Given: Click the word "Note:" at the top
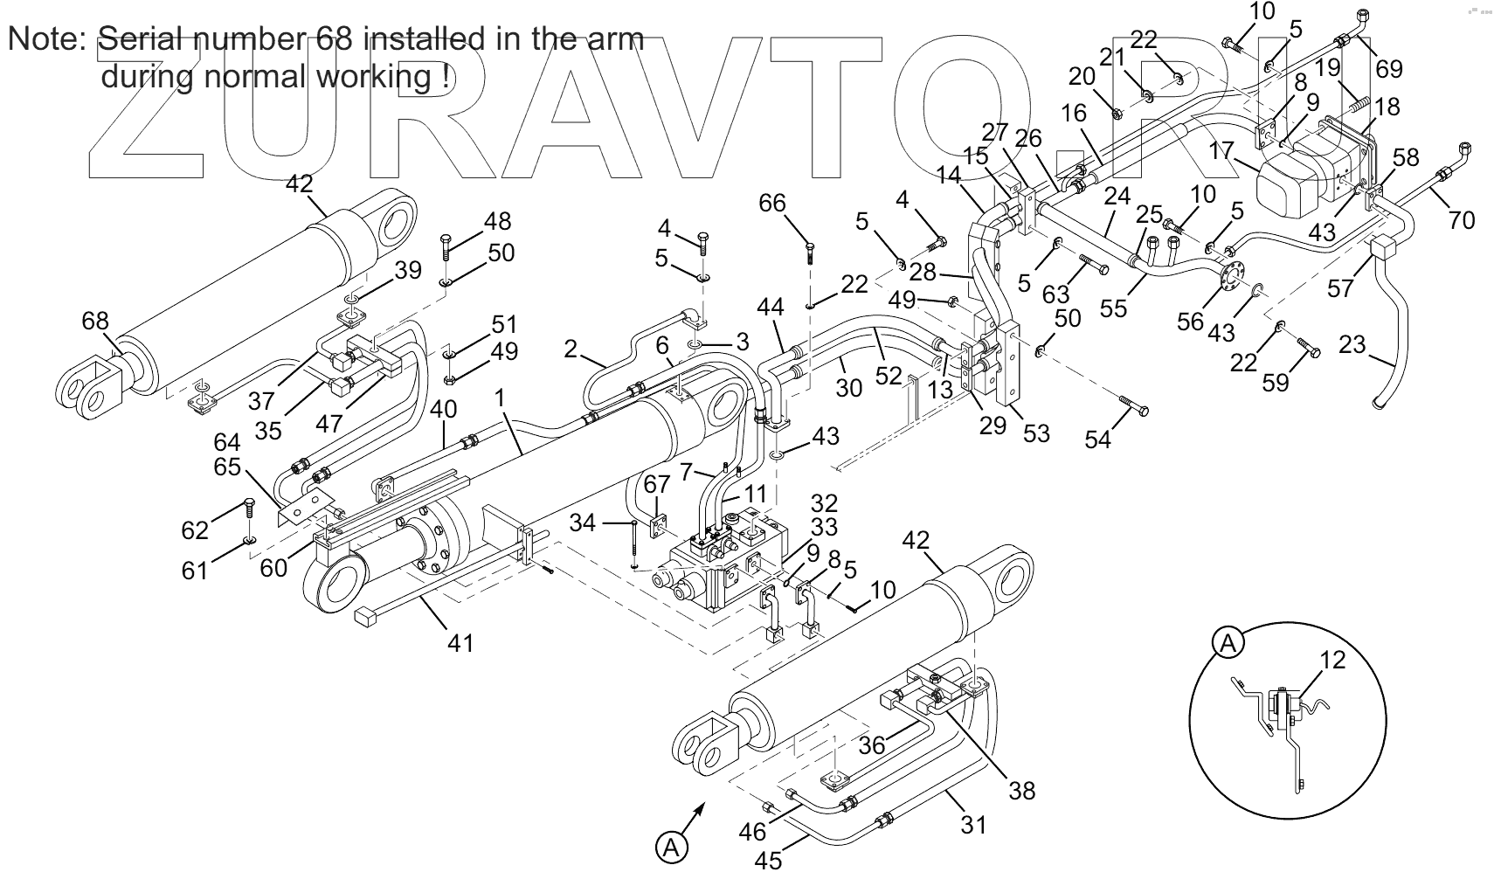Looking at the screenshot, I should coord(46,40).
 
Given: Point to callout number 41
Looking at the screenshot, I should coord(460,643).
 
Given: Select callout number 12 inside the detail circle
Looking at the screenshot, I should coord(1332,661).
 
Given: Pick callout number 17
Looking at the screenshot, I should coord(1221,150).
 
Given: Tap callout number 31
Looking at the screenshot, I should coord(973,823).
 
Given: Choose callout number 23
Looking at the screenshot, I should coord(1352,344).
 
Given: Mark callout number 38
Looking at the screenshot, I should coord(1021,790).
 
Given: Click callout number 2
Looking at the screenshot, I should coord(571,350).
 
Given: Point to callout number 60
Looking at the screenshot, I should coord(273,568).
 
